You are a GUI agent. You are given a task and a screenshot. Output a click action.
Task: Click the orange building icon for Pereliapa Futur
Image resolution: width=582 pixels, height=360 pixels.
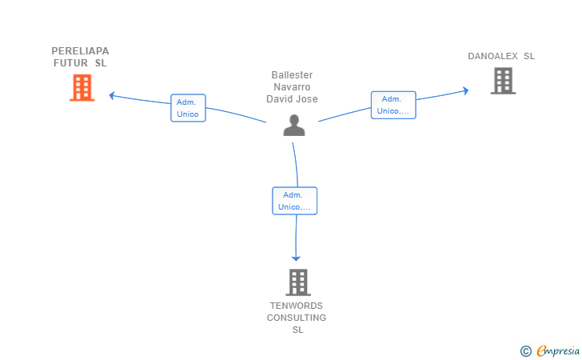[82, 88]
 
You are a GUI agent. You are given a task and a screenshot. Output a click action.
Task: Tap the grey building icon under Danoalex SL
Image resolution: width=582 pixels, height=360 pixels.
[503, 81]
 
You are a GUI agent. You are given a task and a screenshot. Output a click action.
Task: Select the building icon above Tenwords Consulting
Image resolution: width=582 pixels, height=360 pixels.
[298, 282]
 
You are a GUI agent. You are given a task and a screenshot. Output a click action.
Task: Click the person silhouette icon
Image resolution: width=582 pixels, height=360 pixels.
[294, 126]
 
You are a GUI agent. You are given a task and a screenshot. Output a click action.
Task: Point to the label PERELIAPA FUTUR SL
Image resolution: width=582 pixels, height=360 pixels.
[80, 57]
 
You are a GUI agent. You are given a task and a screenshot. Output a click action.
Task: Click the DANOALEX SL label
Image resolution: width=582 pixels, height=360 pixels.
[501, 56]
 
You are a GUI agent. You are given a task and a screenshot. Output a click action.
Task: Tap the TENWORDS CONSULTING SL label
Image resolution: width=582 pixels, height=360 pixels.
[297, 318]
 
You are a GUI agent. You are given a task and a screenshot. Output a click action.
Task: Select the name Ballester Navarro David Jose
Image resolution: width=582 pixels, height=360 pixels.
[292, 87]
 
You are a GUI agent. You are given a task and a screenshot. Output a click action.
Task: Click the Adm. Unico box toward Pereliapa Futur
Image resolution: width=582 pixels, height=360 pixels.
[188, 108]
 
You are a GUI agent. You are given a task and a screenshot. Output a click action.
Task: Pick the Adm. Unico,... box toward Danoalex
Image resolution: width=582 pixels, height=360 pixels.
[393, 105]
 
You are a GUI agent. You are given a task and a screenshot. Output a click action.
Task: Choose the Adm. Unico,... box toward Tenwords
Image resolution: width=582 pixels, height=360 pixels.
[295, 201]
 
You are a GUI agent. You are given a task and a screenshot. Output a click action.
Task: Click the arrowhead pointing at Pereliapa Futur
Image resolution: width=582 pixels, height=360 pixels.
[112, 95]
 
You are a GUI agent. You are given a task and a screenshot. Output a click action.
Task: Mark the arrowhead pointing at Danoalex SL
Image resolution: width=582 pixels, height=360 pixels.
[465, 90]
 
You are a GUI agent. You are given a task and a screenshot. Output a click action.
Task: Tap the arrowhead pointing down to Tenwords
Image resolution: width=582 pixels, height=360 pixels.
[296, 258]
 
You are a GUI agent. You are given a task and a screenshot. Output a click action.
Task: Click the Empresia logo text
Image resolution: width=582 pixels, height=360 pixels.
[558, 350]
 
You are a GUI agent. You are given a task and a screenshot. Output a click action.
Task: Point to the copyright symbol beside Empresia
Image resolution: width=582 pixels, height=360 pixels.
[526, 351]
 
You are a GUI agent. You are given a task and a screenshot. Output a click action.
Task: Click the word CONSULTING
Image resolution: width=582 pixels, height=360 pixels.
[297, 318]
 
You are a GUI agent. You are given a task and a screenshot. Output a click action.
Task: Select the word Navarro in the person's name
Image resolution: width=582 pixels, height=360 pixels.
[292, 87]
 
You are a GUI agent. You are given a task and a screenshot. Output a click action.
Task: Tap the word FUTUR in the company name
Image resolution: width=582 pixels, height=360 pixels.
[70, 63]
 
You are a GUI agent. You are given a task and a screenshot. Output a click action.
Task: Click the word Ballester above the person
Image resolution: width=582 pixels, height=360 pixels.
[292, 75]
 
